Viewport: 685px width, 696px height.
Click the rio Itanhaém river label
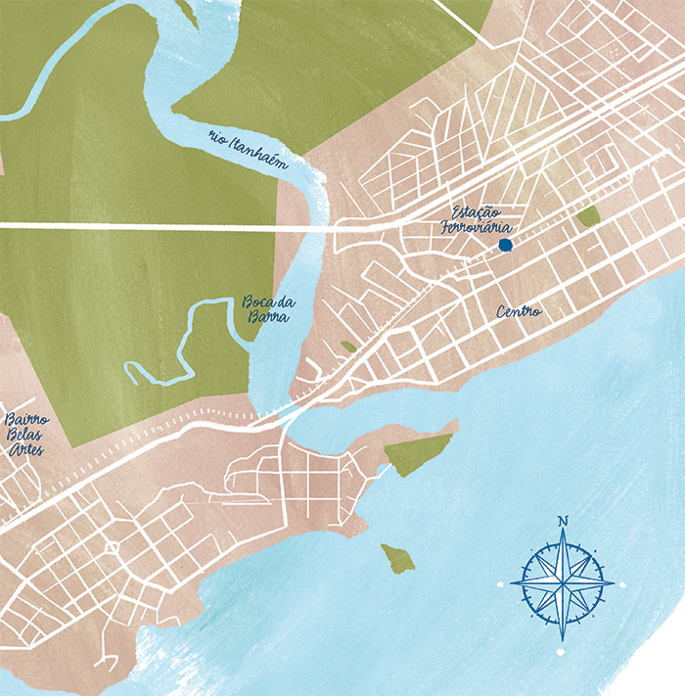point(249,152)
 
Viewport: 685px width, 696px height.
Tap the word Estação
point(477,212)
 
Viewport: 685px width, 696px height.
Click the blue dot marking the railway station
point(504,245)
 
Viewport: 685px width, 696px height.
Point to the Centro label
point(518,312)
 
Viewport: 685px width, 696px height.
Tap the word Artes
point(24,449)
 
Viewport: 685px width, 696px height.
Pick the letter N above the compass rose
point(562,521)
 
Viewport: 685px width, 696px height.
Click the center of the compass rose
point(562,584)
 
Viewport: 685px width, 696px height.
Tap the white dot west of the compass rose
point(501,584)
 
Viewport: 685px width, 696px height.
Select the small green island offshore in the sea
point(398,558)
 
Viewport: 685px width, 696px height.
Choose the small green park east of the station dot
point(588,216)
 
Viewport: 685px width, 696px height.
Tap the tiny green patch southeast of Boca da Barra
point(349,347)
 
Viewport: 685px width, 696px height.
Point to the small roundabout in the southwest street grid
point(112,548)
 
